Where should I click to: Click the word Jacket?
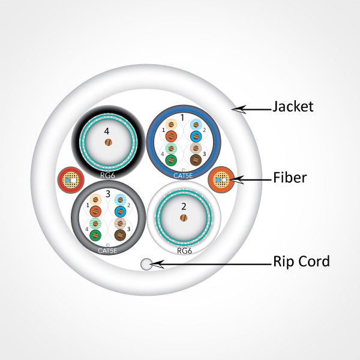click(x=293, y=107)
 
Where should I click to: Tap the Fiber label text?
click(x=290, y=178)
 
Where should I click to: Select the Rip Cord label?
click(x=301, y=262)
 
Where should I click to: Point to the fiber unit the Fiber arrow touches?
click(x=220, y=179)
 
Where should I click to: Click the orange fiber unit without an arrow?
click(x=68, y=179)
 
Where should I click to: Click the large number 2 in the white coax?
click(x=184, y=206)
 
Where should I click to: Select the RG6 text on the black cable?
click(x=109, y=176)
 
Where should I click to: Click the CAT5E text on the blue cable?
click(x=184, y=176)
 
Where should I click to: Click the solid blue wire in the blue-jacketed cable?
click(x=196, y=135)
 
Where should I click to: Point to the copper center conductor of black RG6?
click(x=108, y=143)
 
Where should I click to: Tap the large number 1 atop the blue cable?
click(x=183, y=118)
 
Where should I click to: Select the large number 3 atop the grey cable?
click(x=107, y=193)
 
